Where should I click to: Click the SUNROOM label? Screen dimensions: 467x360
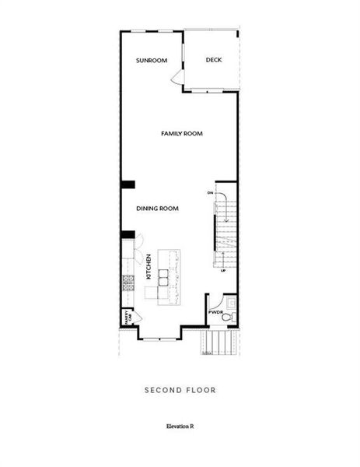click(x=152, y=60)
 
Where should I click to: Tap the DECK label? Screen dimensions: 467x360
click(x=214, y=60)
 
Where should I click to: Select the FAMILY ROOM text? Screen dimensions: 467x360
click(x=181, y=134)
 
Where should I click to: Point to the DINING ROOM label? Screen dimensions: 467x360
click(x=158, y=208)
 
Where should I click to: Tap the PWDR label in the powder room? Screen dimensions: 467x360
click(x=215, y=311)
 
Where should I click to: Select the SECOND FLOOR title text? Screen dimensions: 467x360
click(x=180, y=390)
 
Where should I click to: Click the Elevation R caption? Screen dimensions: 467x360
click(x=180, y=426)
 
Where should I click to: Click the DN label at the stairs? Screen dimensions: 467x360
click(x=210, y=192)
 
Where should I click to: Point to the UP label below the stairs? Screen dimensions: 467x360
click(x=223, y=270)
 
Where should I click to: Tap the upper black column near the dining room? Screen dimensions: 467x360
click(x=128, y=184)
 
